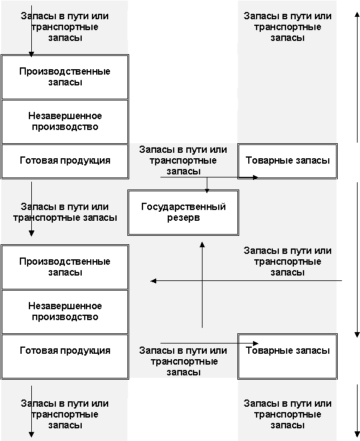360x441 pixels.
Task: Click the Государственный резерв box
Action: [183, 212]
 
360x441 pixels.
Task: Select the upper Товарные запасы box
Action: [287, 161]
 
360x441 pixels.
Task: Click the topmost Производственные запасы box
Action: [65, 77]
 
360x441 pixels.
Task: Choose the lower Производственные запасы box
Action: [65, 267]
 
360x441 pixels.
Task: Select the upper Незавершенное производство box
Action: [65, 122]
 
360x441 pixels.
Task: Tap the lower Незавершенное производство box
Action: [65, 312]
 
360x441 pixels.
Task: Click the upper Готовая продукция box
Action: [65, 161]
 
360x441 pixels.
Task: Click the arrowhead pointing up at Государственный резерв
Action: [202, 244]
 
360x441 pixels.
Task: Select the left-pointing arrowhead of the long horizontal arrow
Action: [153, 281]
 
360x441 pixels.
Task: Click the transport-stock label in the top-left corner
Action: [65, 26]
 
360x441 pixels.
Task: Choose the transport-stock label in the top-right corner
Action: [287, 26]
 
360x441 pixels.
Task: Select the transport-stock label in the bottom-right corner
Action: [287, 414]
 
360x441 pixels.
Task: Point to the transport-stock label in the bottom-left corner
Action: [65, 414]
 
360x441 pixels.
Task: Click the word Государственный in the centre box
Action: [183, 207]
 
